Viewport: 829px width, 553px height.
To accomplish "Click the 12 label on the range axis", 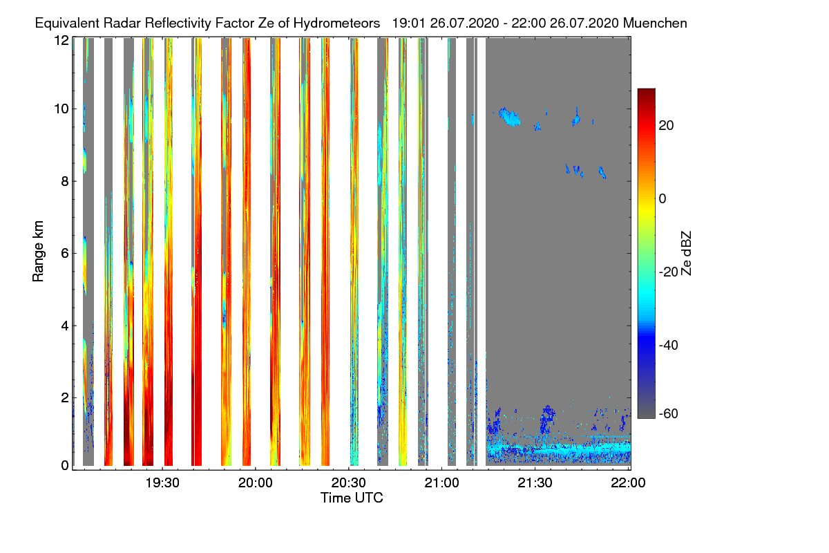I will (x=61, y=40).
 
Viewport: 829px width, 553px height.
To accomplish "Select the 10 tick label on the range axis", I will (x=61, y=109).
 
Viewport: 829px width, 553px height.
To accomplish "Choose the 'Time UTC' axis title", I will (x=352, y=498).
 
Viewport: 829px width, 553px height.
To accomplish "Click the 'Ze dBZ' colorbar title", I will (x=686, y=252).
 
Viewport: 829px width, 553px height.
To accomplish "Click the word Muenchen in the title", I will (x=655, y=23).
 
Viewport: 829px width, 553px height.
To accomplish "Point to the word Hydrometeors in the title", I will (x=338, y=23).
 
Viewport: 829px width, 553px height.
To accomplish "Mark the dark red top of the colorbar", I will (x=646, y=93).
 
